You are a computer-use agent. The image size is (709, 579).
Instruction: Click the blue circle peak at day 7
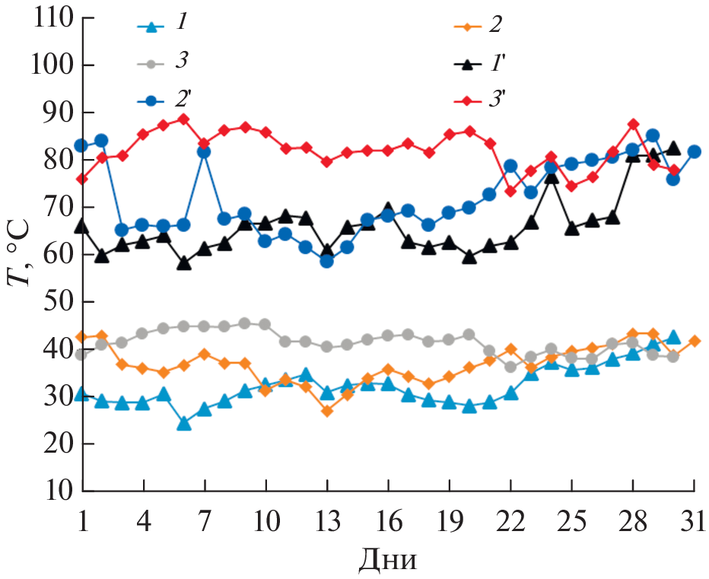[204, 151]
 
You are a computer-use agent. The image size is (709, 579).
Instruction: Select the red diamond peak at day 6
[183, 119]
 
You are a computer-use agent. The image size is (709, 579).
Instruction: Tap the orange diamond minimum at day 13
[326, 411]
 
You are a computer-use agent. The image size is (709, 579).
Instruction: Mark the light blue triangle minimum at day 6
[183, 423]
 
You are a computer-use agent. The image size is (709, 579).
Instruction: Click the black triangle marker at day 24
[552, 177]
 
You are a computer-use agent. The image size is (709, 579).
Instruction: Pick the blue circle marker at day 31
[694, 151]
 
